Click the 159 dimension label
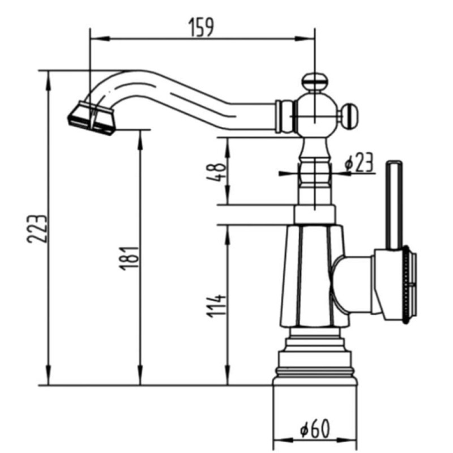coord(202,28)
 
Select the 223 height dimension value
coord(37,229)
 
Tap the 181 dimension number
coord(130,258)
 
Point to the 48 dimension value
coord(216,172)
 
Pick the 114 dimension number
coord(216,306)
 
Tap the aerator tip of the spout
coord(92,118)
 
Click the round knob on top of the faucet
coord(314,81)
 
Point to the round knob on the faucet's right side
coord(349,115)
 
